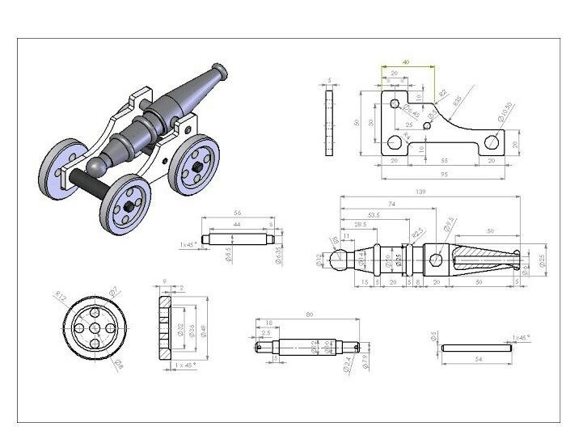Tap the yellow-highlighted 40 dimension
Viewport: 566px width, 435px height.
406,62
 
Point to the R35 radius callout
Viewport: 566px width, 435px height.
458,100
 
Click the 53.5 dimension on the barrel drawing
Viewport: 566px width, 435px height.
374,215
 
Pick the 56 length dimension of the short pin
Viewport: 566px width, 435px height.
236,214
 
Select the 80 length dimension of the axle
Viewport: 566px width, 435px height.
307,314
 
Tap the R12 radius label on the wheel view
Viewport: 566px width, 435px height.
59,295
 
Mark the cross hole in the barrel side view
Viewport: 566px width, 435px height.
436,260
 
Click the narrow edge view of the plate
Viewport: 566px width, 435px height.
329,122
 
